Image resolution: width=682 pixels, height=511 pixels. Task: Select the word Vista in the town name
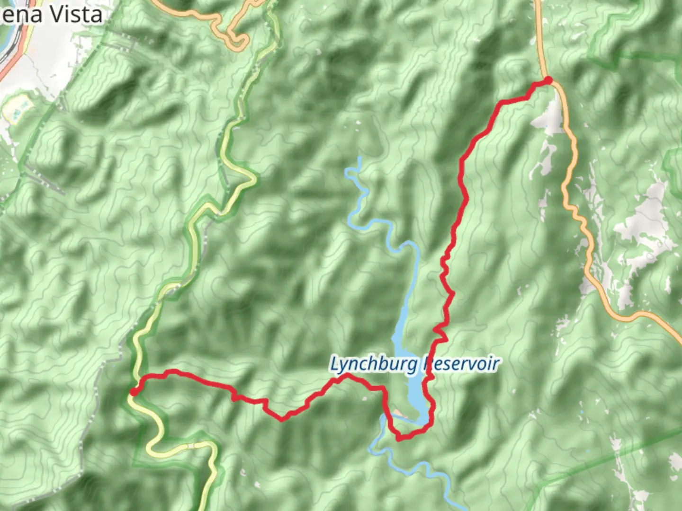pyautogui.click(x=76, y=15)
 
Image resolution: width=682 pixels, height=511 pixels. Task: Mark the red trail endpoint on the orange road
pyautogui.click(x=548, y=80)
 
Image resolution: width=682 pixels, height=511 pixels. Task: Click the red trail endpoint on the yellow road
pyautogui.click(x=134, y=391)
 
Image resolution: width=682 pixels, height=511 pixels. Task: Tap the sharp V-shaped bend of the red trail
pyautogui.click(x=283, y=419)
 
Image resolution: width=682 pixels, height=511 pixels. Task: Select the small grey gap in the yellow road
pyautogui.click(x=190, y=446)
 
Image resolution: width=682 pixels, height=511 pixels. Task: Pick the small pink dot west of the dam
pyautogui.click(x=365, y=399)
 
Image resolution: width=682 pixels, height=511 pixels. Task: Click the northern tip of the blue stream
pyautogui.click(x=360, y=159)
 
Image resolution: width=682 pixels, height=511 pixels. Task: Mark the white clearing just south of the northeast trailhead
pyautogui.click(x=549, y=116)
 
